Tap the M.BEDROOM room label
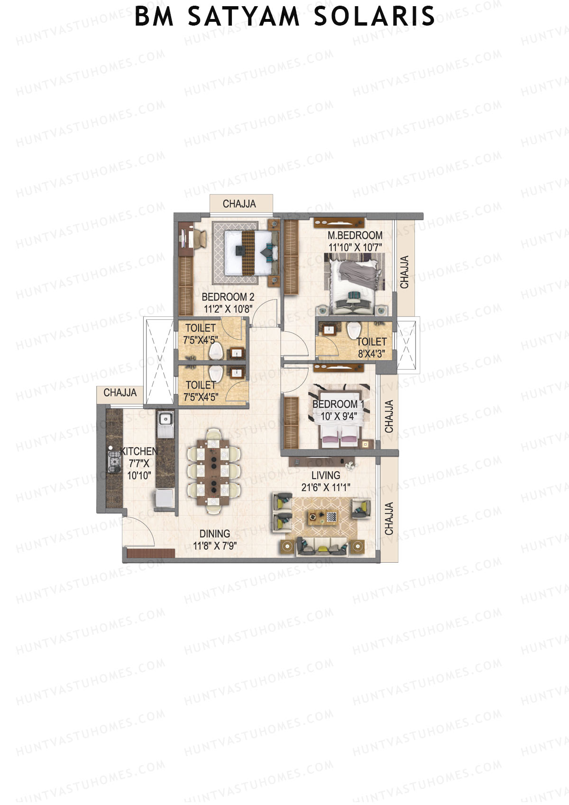(355, 235)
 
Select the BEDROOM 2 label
(228, 297)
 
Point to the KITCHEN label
(138, 452)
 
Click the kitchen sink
(165, 419)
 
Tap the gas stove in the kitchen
(114, 461)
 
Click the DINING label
(215, 534)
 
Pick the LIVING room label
(326, 475)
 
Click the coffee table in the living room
(322, 517)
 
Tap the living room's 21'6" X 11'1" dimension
(326, 487)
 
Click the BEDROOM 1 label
(338, 404)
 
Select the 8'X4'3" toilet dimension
(371, 353)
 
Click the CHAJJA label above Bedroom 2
(239, 204)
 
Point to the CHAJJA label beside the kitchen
(120, 393)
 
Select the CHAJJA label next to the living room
(389, 518)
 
